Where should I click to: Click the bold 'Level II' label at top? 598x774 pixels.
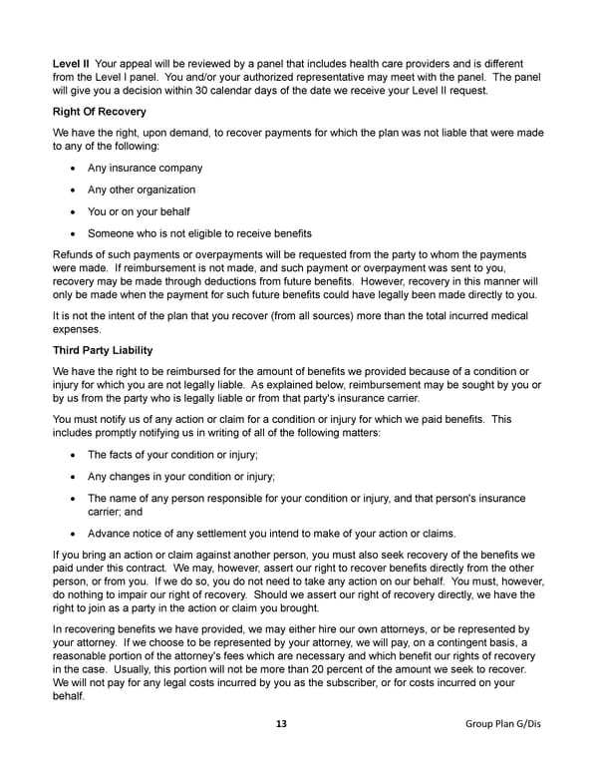tap(70, 64)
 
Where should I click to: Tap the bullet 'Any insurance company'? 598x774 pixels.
tap(145, 168)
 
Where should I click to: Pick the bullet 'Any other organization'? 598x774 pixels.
tap(142, 190)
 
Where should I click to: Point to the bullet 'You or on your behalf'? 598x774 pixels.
tap(140, 211)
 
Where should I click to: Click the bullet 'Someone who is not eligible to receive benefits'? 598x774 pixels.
tap(199, 233)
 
